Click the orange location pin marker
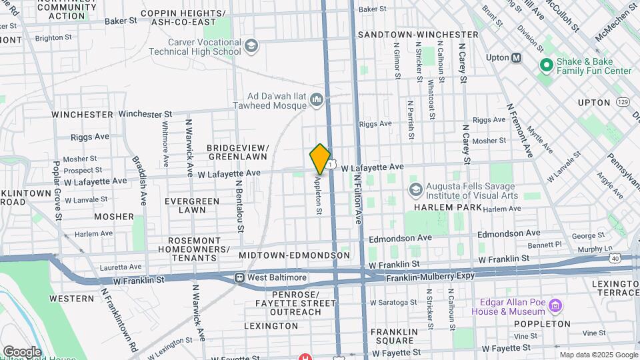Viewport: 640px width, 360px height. [320, 159]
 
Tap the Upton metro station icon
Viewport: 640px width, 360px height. [517, 58]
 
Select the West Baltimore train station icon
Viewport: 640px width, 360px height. [239, 277]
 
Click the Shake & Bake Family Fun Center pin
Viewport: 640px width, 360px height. [546, 65]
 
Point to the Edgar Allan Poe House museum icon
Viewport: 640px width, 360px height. [555, 306]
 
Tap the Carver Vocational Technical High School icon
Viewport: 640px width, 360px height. [251, 46]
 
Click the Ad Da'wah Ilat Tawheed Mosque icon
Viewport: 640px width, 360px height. [316, 101]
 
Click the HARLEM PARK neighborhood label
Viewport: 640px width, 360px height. [438, 207]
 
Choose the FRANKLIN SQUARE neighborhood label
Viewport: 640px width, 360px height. [394, 337]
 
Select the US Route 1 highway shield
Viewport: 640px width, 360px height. [331, 164]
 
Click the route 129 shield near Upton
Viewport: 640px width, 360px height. [623, 101]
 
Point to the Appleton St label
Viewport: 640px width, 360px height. [319, 195]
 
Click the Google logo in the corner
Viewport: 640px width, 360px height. [22, 351]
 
